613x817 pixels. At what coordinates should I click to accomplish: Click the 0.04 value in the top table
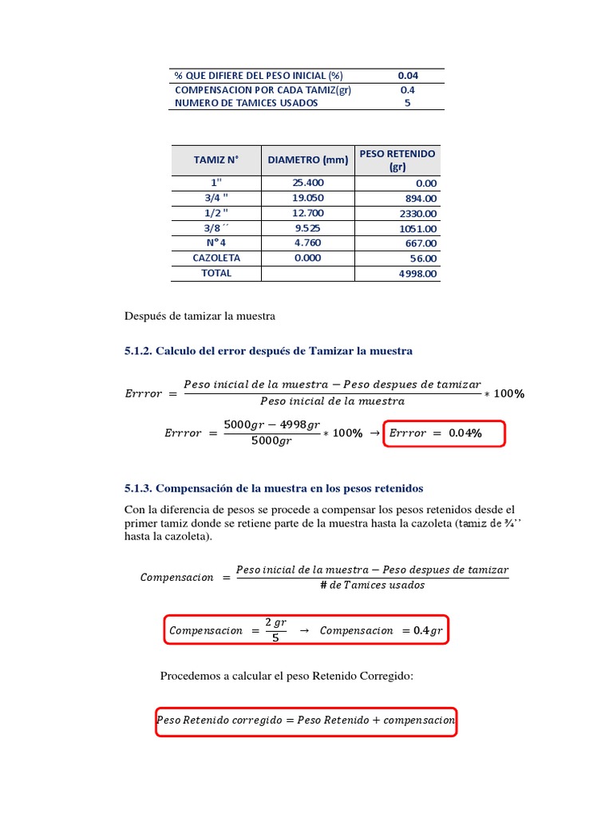408,75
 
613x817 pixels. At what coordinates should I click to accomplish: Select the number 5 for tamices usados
408,103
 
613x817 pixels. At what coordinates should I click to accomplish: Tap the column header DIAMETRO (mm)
308,160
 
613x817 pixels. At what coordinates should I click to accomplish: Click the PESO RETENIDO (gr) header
397,160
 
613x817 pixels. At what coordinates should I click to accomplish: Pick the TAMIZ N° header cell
216,160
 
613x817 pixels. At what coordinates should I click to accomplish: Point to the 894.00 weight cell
421,199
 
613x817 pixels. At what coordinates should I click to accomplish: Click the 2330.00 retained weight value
417,214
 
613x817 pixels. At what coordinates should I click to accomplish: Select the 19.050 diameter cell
308,198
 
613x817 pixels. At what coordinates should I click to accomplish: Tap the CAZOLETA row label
216,258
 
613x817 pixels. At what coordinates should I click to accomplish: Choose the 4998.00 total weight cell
417,274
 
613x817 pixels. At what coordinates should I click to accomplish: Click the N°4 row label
216,243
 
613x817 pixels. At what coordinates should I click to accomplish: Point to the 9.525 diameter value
308,227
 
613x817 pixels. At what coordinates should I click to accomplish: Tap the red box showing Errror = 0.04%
445,433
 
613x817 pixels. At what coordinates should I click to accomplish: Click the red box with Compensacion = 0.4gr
306,630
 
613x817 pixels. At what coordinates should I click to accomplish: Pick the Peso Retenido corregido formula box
306,720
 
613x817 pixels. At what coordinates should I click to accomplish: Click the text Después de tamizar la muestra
200,316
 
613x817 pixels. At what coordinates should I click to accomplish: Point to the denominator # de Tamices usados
372,586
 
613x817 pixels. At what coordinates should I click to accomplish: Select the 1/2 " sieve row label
216,212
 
